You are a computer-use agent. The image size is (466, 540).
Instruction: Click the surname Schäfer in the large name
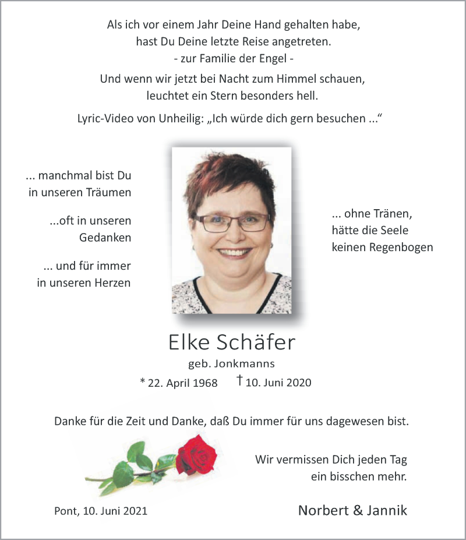[x=257, y=343]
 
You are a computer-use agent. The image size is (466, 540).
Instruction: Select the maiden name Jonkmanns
[x=245, y=364]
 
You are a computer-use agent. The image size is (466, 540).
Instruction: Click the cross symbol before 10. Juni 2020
[x=239, y=381]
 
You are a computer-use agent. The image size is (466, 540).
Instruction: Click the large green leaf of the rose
[x=123, y=473]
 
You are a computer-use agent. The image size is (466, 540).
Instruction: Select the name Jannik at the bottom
[x=387, y=510]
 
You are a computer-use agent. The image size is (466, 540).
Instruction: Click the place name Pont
[x=64, y=511]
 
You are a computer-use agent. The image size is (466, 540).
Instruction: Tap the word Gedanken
[x=105, y=238]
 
